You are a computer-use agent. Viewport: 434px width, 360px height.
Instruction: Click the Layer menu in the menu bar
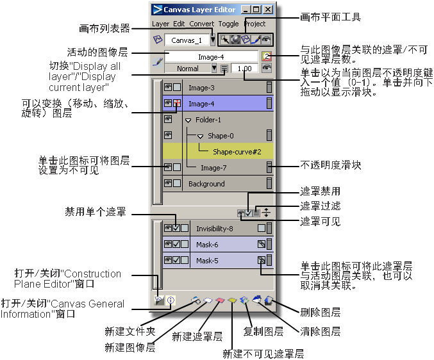pos(160,24)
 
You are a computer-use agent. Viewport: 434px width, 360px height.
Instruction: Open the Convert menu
pos(202,24)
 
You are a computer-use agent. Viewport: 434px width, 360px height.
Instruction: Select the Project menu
pos(255,24)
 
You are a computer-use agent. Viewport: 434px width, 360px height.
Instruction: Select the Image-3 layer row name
pos(201,87)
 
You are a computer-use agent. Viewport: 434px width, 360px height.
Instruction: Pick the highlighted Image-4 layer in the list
pos(201,103)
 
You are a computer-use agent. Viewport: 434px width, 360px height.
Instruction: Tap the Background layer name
pos(206,184)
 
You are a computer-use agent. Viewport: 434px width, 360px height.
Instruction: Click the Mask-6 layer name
pos(208,245)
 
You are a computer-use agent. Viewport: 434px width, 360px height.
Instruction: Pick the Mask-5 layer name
pos(208,261)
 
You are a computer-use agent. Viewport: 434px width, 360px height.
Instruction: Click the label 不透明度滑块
pos(331,165)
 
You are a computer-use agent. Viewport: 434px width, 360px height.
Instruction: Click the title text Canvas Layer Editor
pos(199,10)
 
